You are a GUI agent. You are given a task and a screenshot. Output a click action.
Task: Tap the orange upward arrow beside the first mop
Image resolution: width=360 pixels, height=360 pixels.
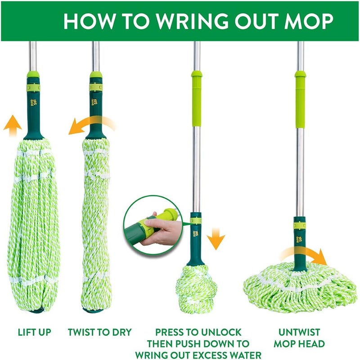point(13,122)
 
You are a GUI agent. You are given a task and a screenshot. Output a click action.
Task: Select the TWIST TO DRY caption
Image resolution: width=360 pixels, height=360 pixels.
point(99,333)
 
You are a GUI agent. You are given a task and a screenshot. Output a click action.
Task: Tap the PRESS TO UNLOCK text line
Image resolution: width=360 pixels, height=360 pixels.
point(198,333)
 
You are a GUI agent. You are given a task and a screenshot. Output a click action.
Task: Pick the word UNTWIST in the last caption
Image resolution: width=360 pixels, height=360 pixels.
point(299,333)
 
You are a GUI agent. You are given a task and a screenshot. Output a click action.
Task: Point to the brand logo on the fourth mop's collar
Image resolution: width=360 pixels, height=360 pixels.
point(299,239)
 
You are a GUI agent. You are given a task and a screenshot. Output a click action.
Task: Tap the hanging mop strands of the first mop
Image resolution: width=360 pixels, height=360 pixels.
point(32,225)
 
